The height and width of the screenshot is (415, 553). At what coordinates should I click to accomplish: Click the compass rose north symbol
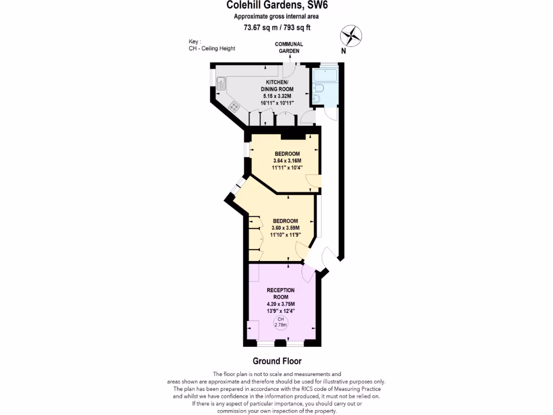tap(350, 36)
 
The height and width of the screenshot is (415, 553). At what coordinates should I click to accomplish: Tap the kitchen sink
tap(221, 83)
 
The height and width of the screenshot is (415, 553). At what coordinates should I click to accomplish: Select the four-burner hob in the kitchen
tap(234, 106)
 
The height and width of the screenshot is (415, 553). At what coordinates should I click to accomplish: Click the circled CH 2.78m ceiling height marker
tap(280, 323)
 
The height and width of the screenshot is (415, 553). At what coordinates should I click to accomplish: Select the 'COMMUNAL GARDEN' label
tap(289, 48)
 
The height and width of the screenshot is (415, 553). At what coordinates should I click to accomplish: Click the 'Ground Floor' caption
tap(277, 361)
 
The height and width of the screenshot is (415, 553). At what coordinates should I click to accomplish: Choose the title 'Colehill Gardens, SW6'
tap(276, 6)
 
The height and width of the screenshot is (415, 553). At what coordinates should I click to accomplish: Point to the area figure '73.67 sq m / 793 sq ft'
tap(276, 28)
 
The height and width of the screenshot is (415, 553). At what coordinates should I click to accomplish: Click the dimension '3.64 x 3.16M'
tap(287, 160)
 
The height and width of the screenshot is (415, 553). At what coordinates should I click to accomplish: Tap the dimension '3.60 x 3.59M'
tap(285, 227)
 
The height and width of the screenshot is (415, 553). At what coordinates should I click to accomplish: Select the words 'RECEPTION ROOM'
tap(281, 293)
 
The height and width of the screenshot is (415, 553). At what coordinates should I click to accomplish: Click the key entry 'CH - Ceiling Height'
tap(208, 49)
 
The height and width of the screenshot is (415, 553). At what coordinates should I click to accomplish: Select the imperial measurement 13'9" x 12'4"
tap(281, 311)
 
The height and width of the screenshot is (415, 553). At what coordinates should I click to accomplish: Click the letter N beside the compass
tap(343, 51)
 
